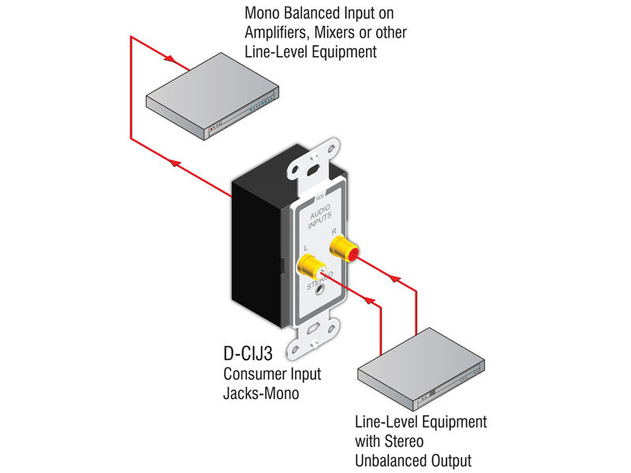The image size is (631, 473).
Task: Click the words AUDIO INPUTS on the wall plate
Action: tap(321, 218)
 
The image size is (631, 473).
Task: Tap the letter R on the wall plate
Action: tap(334, 231)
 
